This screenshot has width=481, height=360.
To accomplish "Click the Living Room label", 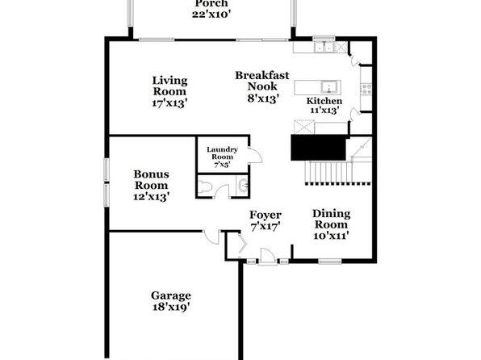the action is (x=169, y=86).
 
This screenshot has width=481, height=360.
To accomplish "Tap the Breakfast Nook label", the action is (x=262, y=81).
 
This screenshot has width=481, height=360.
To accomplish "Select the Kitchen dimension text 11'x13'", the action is (x=324, y=110).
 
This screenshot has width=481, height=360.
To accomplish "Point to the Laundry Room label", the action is (x=222, y=153).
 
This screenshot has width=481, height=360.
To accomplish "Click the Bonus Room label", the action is (x=151, y=180).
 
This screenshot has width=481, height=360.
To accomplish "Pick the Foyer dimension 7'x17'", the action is (x=266, y=227).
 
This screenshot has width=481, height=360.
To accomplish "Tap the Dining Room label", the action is (x=332, y=219).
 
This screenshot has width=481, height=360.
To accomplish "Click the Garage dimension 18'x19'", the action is (x=171, y=307).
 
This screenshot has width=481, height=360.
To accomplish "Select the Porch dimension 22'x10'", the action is (x=211, y=15).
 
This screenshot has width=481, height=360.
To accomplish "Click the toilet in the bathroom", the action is (x=203, y=187).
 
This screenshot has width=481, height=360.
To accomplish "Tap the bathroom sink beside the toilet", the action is (x=243, y=186).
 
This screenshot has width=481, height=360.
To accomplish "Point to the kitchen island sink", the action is (x=329, y=87).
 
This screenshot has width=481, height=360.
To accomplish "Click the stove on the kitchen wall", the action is (x=366, y=89).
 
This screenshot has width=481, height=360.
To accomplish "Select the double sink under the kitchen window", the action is (x=324, y=48).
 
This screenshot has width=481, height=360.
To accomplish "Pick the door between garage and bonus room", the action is (x=211, y=237).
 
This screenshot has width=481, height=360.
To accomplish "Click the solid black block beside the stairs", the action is (x=318, y=148).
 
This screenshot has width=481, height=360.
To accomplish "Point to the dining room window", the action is (x=330, y=262).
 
